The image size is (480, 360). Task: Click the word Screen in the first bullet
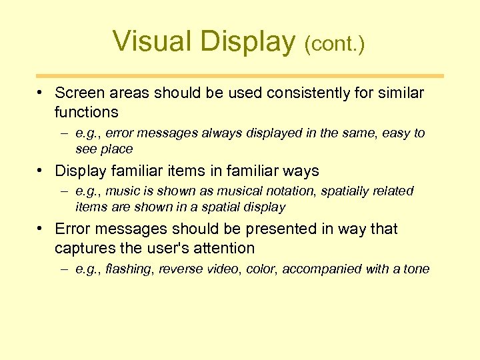point(80,93)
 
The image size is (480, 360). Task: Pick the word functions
point(87,112)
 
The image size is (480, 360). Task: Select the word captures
point(84,249)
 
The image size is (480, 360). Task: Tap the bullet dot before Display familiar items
point(41,170)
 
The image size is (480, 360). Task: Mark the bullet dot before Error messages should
point(41,228)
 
